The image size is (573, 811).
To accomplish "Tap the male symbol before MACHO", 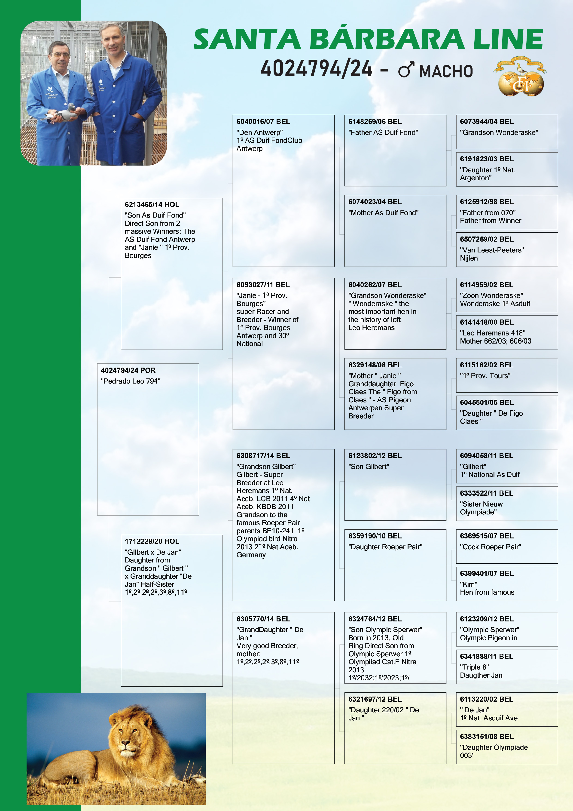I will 406,70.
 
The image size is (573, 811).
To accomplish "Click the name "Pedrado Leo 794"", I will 130,381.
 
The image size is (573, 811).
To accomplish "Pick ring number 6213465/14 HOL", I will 152,205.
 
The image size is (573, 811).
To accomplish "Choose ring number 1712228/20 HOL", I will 152,541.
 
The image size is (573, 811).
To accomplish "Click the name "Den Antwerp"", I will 259,132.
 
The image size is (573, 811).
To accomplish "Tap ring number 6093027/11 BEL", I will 263,285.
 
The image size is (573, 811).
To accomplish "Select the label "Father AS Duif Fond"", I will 383,132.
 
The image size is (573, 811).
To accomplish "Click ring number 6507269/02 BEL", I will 487,239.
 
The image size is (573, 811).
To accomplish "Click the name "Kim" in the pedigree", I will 469,584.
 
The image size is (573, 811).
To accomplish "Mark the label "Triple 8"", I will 474,667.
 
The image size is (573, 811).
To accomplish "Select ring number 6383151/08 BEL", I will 487,737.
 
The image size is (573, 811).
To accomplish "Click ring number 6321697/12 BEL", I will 375,699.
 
